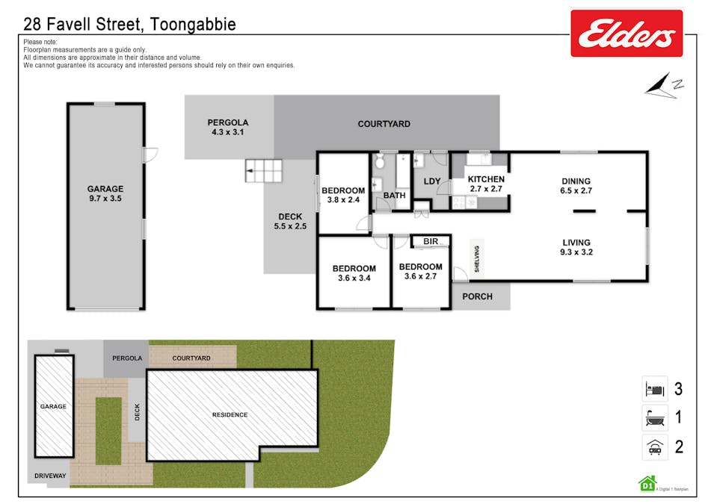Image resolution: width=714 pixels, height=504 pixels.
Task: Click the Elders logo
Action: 627,33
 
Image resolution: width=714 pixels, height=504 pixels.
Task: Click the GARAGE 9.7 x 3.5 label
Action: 105,194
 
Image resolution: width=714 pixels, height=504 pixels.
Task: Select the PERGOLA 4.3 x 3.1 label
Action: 228,127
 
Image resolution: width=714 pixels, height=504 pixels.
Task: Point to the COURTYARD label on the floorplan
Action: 384,124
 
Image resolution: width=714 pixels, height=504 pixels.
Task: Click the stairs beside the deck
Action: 264,171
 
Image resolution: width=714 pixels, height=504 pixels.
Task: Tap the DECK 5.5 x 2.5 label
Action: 290,221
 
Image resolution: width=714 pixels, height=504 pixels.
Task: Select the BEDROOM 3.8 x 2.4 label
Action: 343,195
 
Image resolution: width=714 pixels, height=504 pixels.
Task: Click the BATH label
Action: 394,196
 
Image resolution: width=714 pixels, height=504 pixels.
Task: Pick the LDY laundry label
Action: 432,181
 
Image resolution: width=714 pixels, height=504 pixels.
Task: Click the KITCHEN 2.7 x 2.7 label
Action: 486,184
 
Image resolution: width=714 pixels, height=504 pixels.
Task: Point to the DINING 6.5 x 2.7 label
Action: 576,185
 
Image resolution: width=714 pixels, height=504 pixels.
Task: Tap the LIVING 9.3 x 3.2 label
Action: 576,247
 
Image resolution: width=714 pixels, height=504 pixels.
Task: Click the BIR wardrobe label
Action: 431,241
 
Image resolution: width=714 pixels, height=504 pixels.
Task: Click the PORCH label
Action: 477,296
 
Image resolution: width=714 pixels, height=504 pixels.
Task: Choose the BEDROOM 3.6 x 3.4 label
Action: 354,273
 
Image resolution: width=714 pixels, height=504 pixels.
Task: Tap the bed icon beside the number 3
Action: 653,389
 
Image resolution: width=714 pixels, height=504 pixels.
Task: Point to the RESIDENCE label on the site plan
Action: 230,415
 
